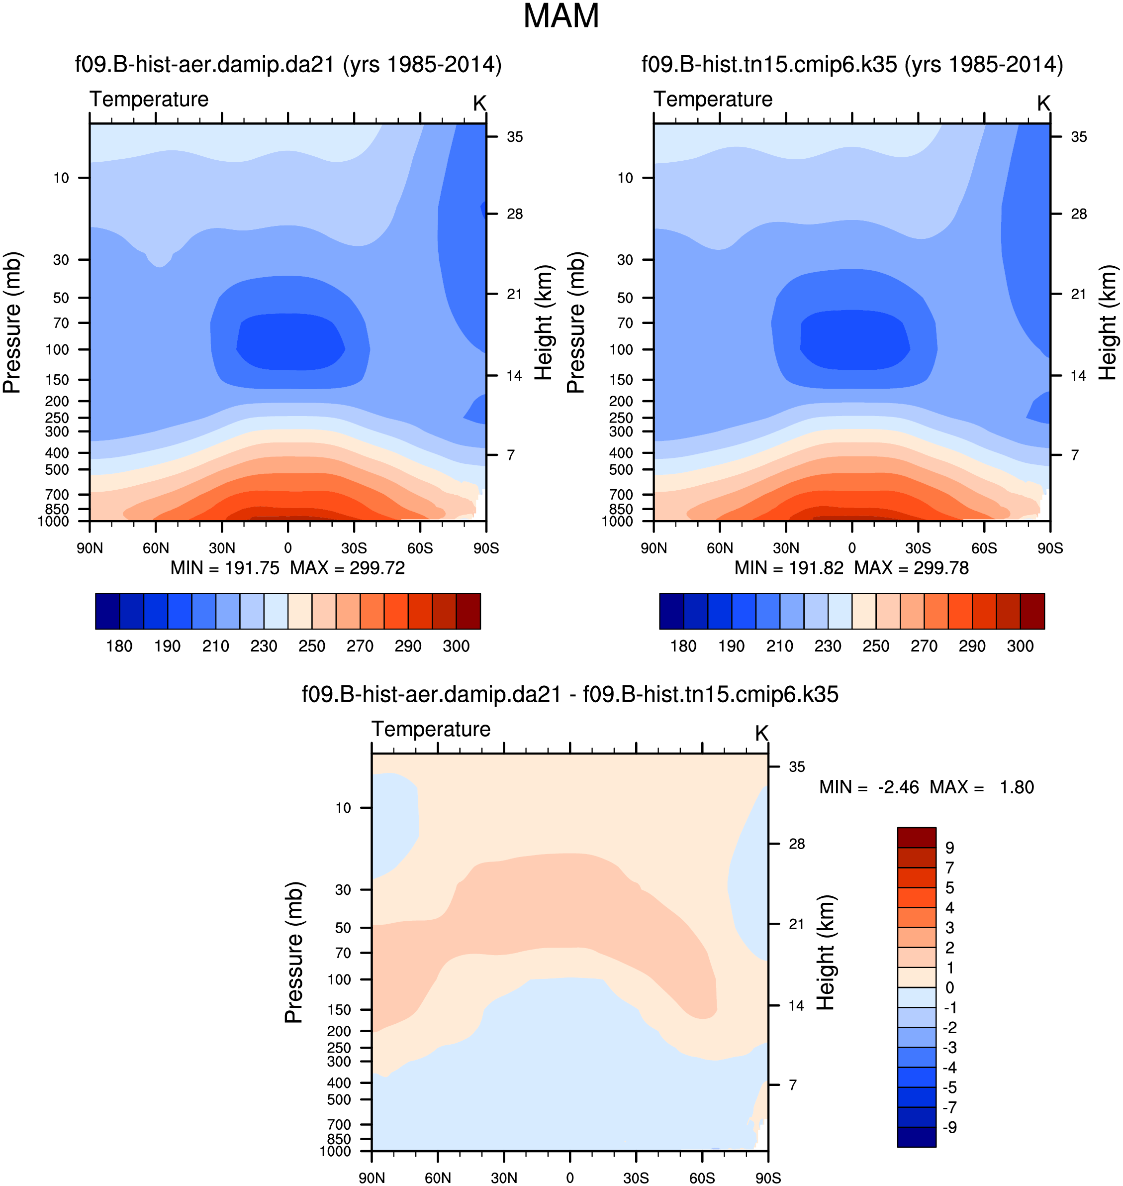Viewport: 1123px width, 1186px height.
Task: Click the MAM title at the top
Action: pos(561,16)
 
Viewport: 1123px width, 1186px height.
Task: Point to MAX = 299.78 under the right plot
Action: pos(911,568)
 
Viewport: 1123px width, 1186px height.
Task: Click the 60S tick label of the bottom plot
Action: pos(702,1178)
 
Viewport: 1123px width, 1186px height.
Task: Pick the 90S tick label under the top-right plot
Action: pos(1050,548)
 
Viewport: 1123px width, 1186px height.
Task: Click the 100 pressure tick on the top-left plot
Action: pos(58,349)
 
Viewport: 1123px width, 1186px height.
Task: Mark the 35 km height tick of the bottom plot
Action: pos(796,767)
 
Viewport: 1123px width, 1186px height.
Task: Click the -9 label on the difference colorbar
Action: pos(949,1127)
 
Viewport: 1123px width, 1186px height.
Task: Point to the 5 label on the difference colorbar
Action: pos(949,888)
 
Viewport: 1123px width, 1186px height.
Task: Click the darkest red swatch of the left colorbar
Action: pos(468,612)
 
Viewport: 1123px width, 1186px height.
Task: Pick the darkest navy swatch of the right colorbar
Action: pos(671,612)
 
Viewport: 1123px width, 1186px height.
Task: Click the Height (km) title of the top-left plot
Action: pos(543,323)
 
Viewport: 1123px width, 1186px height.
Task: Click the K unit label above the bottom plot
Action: pos(761,733)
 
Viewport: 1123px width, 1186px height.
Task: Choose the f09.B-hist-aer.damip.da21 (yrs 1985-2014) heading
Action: pos(288,64)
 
